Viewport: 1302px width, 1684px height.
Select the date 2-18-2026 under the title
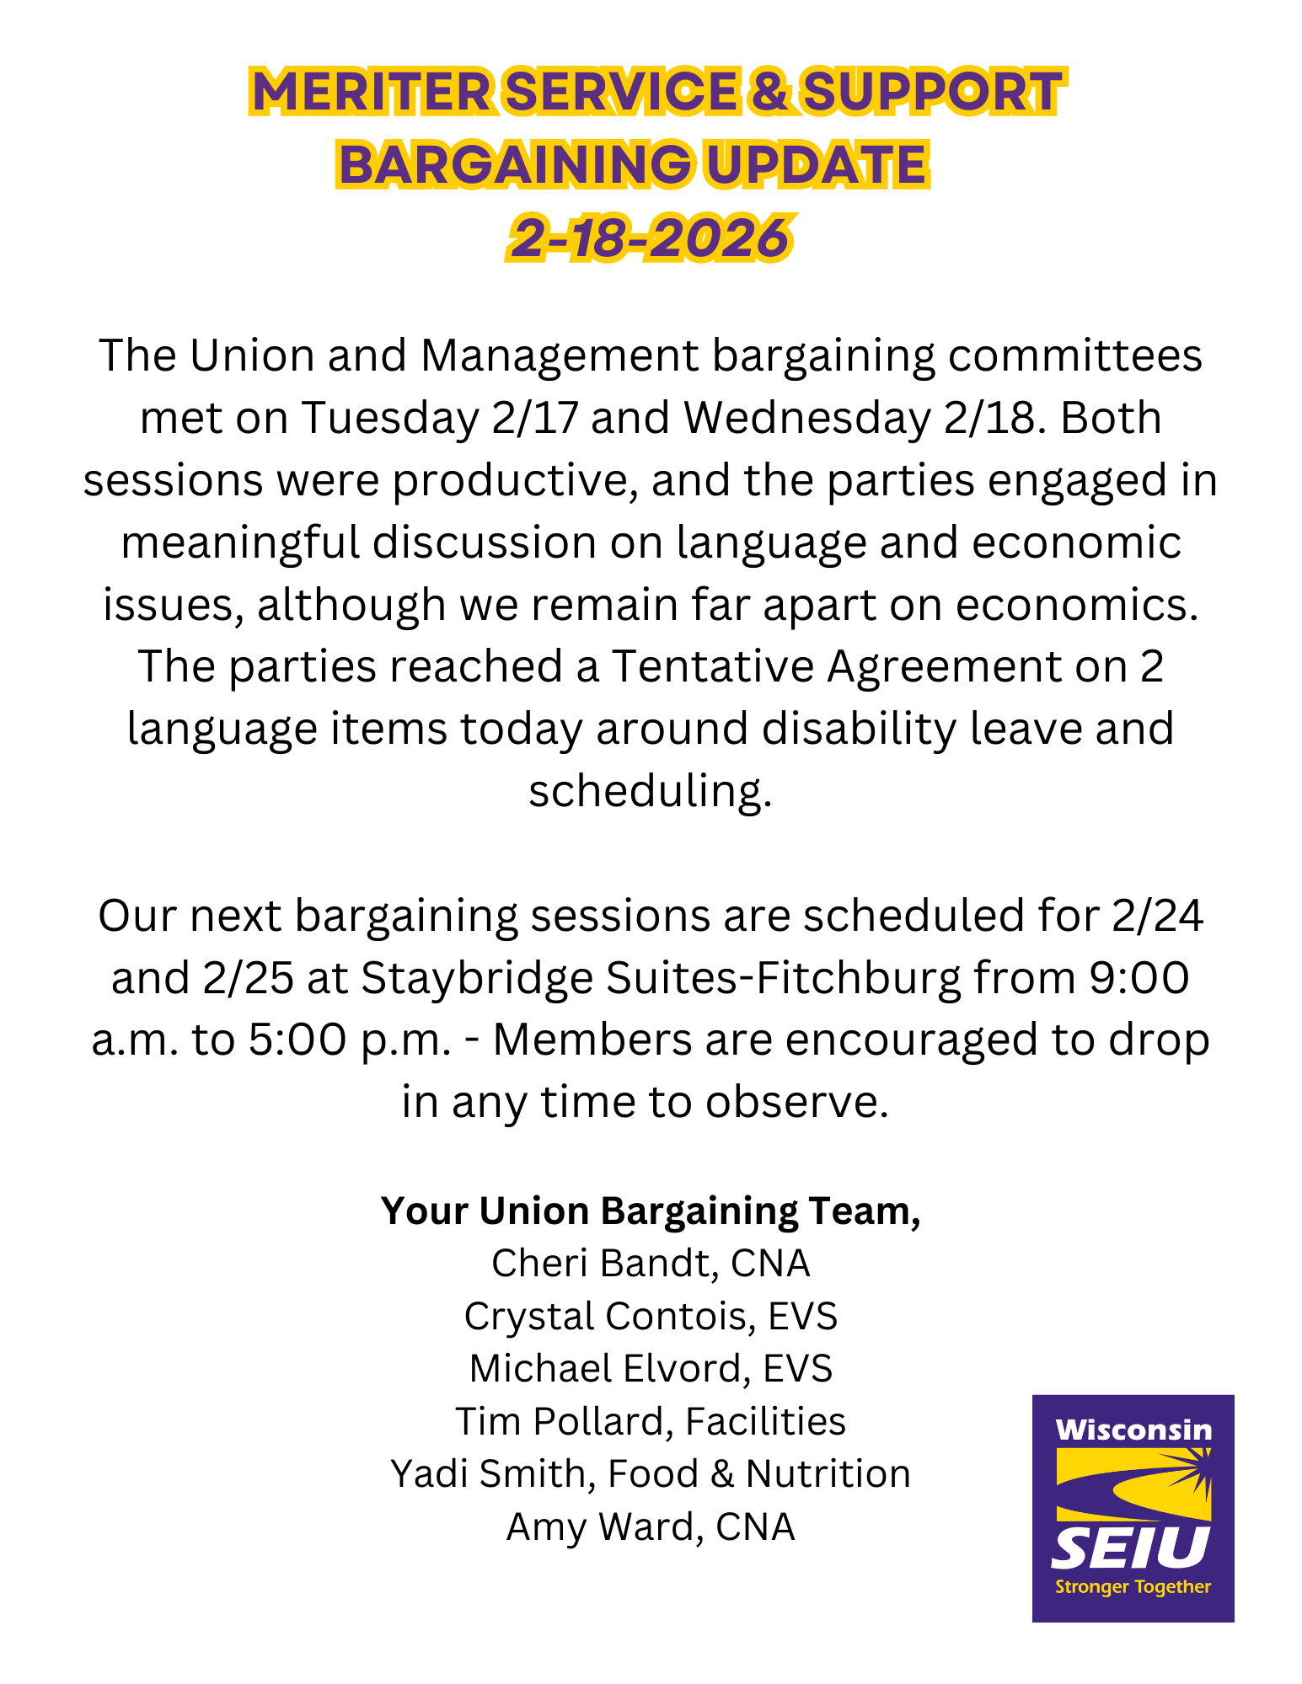[650, 238]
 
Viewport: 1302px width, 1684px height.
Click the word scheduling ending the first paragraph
[650, 791]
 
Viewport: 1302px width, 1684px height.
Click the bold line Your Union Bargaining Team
[650, 1211]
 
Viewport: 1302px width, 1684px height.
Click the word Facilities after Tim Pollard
[765, 1422]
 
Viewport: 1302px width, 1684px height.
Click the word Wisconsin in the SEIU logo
[1133, 1430]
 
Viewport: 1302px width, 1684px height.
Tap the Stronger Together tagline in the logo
[1133, 1587]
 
